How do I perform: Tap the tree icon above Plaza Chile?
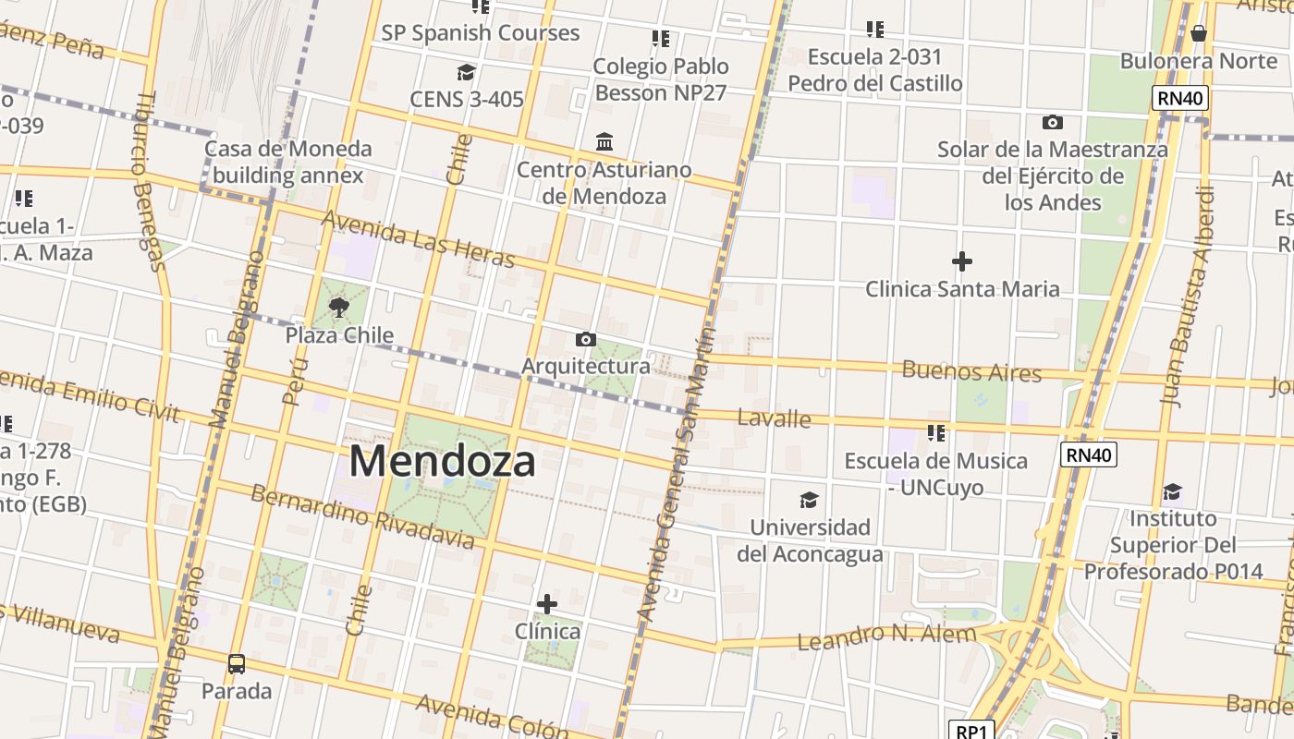coord(339,308)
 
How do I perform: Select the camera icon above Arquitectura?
coord(585,339)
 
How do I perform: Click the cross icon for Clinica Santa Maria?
coord(961,261)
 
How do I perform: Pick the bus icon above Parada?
coord(237,663)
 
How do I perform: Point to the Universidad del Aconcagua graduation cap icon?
coord(809,500)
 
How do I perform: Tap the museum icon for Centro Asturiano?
coord(604,142)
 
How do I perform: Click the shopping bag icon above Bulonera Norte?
coord(1199,33)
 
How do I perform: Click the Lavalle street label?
coord(774,418)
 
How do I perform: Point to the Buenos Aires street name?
coord(971,372)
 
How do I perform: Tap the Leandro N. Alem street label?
coord(885,636)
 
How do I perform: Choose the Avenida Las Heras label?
coord(418,239)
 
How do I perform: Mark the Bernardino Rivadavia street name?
coord(362,515)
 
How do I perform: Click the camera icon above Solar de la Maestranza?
coord(1052,122)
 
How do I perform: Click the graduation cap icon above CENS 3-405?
coord(466,72)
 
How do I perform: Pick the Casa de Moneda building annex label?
coord(287,162)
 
